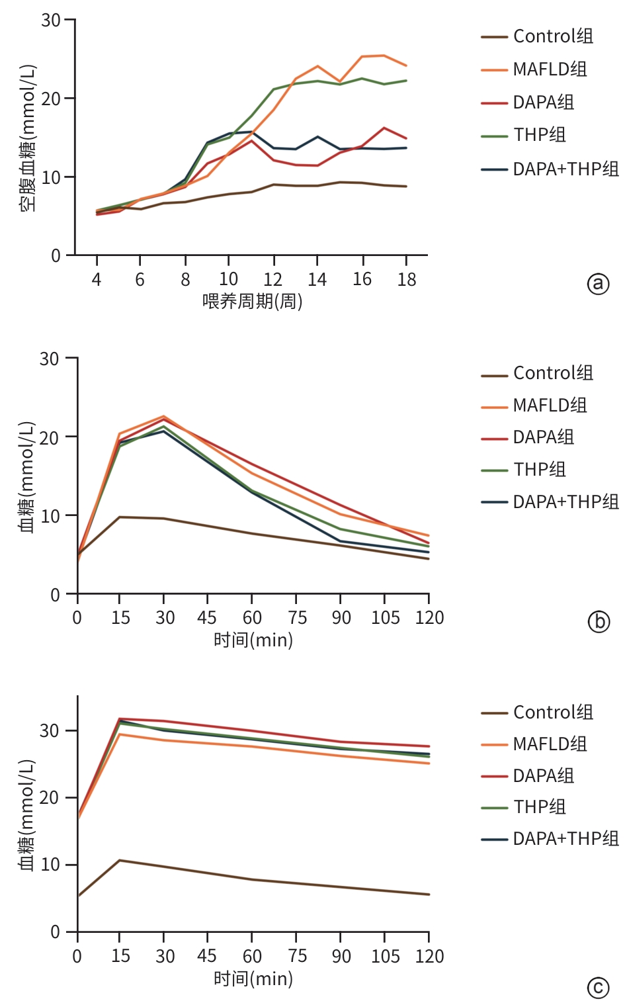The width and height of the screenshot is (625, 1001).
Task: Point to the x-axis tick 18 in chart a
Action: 407,280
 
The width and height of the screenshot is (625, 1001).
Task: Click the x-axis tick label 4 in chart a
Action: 97,280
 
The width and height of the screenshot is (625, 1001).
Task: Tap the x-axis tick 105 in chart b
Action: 385,618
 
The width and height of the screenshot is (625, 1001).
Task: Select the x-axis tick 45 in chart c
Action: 207,956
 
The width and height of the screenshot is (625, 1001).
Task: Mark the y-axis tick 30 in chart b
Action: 50,359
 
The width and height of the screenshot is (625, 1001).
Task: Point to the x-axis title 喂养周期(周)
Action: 252,302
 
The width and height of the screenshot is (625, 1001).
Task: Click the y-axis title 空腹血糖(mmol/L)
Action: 28,138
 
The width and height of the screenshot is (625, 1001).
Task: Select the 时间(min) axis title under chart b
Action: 253,640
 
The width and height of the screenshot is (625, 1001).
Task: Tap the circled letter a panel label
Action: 598,284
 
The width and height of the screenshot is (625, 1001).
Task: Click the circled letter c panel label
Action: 598,988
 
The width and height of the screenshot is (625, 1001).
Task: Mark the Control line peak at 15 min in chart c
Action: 120,860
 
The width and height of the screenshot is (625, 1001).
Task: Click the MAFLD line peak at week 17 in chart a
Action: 384,56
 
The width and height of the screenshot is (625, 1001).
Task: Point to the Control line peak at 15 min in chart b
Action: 120,517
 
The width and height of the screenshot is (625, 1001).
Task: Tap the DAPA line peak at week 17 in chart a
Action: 384,128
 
